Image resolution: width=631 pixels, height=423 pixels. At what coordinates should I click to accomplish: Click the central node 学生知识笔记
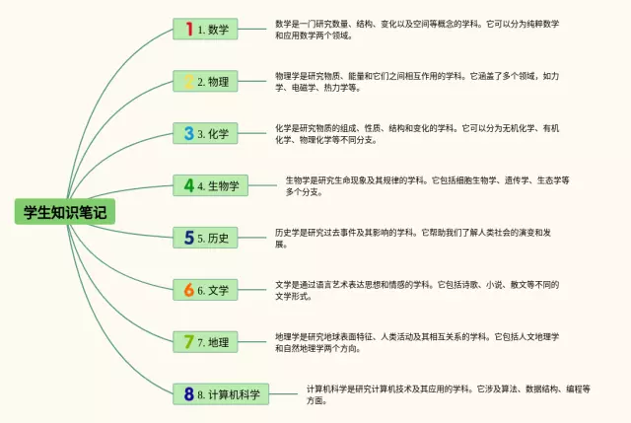[x=65, y=212]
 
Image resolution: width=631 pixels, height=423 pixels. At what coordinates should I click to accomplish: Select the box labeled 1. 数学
[x=205, y=29]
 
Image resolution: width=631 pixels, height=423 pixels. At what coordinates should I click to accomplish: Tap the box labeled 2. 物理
[x=205, y=81]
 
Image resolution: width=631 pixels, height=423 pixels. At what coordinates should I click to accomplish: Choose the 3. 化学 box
[x=205, y=133]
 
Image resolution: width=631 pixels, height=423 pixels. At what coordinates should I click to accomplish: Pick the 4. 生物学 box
[x=210, y=185]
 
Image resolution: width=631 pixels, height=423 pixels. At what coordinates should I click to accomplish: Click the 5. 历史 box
[x=205, y=238]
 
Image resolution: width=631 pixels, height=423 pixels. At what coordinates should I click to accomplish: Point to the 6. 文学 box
[x=205, y=290]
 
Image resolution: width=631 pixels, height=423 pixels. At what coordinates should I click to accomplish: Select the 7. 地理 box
[x=205, y=342]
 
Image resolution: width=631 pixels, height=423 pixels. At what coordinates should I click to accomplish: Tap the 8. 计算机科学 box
[x=221, y=394]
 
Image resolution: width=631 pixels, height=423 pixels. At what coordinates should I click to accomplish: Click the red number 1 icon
[x=189, y=29]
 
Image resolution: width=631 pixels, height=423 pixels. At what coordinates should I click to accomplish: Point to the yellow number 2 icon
[x=188, y=81]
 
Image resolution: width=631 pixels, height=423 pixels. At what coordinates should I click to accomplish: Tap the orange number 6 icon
[x=188, y=290]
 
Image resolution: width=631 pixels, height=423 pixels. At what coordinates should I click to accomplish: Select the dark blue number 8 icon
[x=188, y=394]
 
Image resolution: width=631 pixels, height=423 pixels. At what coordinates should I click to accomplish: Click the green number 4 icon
[x=188, y=185]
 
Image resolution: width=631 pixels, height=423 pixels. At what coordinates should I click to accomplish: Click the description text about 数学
[x=417, y=30]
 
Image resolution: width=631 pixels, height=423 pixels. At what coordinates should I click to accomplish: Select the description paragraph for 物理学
[x=417, y=82]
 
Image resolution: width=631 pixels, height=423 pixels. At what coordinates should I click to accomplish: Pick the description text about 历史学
[x=413, y=239]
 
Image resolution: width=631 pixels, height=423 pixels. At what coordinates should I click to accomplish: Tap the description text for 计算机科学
[x=449, y=394]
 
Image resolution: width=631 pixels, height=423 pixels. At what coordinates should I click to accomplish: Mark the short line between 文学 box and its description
[x=252, y=290]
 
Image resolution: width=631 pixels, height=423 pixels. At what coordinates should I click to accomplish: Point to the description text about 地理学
[x=417, y=342]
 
